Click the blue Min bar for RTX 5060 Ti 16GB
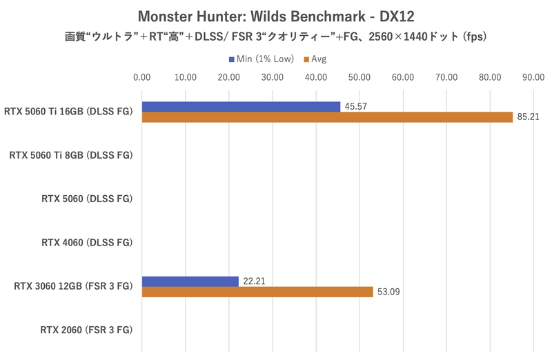point(241,106)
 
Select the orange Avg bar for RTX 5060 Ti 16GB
point(327,117)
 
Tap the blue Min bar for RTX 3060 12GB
point(190,281)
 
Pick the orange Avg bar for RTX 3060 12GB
point(257,292)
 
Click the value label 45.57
point(355,106)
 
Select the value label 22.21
point(253,281)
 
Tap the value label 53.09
point(387,292)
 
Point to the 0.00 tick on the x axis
point(141,77)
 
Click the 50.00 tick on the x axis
point(359,77)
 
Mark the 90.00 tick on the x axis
point(533,77)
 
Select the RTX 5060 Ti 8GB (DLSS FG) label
point(70,156)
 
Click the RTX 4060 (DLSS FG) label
point(86,243)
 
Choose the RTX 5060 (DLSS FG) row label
point(86,199)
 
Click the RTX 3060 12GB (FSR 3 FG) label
point(72,286)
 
